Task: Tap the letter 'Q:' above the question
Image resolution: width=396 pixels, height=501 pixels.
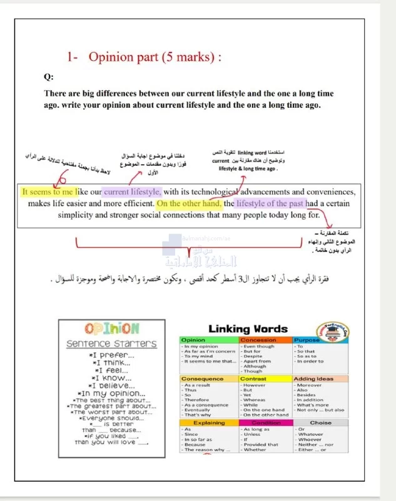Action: point(48,77)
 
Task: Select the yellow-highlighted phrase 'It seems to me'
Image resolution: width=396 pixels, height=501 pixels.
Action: point(49,192)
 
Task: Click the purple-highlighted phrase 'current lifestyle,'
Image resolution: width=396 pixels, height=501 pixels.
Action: point(132,192)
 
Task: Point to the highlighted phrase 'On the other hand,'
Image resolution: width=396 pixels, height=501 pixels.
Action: point(188,204)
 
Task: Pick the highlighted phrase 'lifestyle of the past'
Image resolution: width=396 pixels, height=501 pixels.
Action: point(270,204)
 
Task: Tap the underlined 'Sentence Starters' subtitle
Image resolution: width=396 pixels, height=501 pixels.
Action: point(111,344)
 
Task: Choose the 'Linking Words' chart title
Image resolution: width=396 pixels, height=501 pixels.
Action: point(248,329)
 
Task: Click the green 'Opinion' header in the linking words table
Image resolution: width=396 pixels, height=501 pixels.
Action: point(193,340)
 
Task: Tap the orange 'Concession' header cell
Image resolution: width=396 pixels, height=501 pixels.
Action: point(258,340)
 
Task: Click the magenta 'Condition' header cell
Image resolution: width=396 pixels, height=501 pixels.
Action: point(266,423)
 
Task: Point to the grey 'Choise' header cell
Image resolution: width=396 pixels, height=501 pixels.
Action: point(321,423)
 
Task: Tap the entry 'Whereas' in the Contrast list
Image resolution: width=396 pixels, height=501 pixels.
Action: point(255,400)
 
